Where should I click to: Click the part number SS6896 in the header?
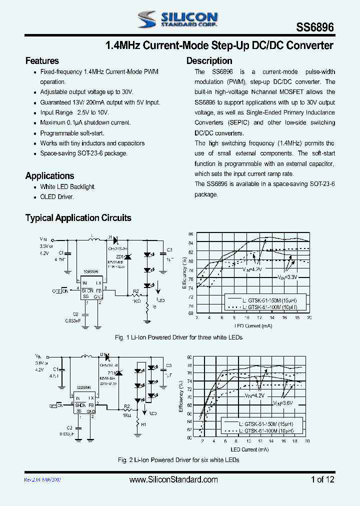(316, 27)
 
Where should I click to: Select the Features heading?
(42, 61)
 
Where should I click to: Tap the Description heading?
(209, 61)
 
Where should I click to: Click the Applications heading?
(49, 175)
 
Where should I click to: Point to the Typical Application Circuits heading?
(78, 218)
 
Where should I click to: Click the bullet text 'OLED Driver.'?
(57, 197)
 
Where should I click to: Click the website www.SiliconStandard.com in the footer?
(173, 479)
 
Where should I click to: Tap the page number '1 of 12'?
(322, 479)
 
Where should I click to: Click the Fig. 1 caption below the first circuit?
(178, 337)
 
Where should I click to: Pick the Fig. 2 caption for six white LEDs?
(178, 459)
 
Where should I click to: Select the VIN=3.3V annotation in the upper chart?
(287, 276)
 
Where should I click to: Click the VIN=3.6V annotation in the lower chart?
(283, 402)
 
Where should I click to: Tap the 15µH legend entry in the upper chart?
(269, 300)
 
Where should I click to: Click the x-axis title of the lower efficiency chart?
(250, 449)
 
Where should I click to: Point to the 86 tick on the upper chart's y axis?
(190, 234)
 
